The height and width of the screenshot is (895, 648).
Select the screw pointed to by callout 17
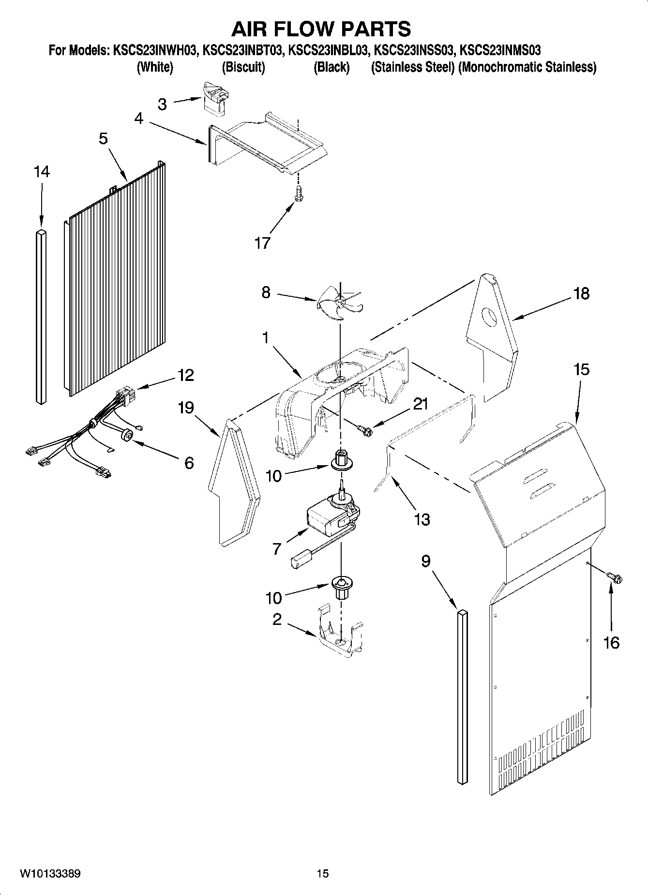coord(299,193)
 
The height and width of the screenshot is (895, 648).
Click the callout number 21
coord(420,404)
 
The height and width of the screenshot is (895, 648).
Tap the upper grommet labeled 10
coord(342,460)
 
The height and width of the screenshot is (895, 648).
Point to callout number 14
coord(42,172)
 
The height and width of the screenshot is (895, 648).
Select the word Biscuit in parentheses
coord(243,67)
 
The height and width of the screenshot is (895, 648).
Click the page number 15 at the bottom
coord(323,874)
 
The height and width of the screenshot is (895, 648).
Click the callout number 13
coord(422,519)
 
